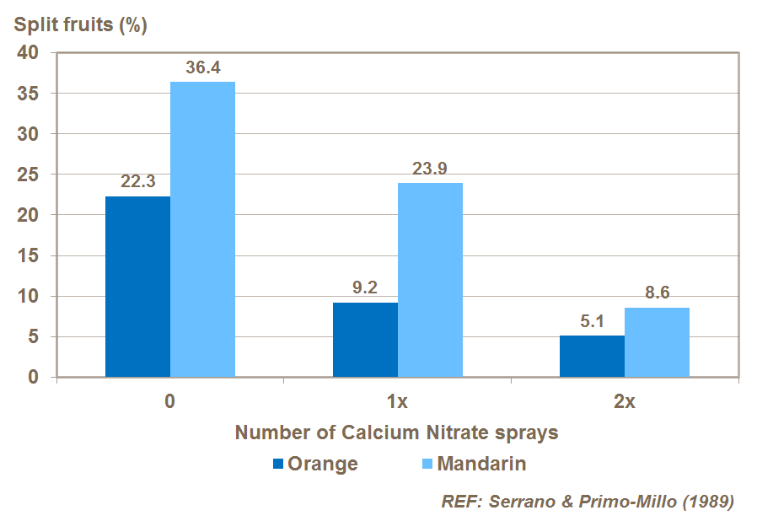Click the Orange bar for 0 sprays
pyautogui.click(x=137, y=287)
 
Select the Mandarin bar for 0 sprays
pyautogui.click(x=202, y=229)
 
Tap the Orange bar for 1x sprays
pyautogui.click(x=365, y=340)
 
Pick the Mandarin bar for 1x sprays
pyautogui.click(x=430, y=280)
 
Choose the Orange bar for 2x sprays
pyautogui.click(x=592, y=357)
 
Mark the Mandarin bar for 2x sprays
pyautogui.click(x=657, y=342)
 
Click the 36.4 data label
pyautogui.click(x=203, y=67)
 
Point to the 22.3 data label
pyautogui.click(x=137, y=182)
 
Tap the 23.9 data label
pyautogui.click(x=430, y=169)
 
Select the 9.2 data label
pyautogui.click(x=365, y=288)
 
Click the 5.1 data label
pyautogui.click(x=592, y=321)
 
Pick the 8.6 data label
pyautogui.click(x=657, y=293)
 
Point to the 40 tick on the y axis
pyautogui.click(x=28, y=52)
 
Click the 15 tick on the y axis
pyautogui.click(x=28, y=255)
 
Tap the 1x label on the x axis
pyautogui.click(x=398, y=401)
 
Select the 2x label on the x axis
pyautogui.click(x=625, y=401)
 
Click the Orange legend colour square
pyautogui.click(x=278, y=464)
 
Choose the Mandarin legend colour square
pyautogui.click(x=426, y=464)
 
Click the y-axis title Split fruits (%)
pyautogui.click(x=80, y=24)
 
